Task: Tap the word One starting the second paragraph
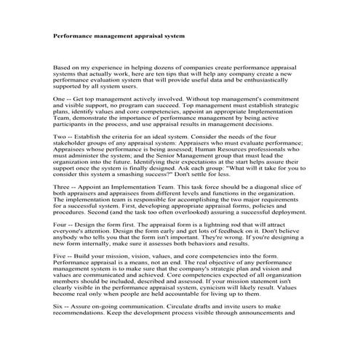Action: pos(60,97)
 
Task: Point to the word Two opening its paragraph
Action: pos(61,136)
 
